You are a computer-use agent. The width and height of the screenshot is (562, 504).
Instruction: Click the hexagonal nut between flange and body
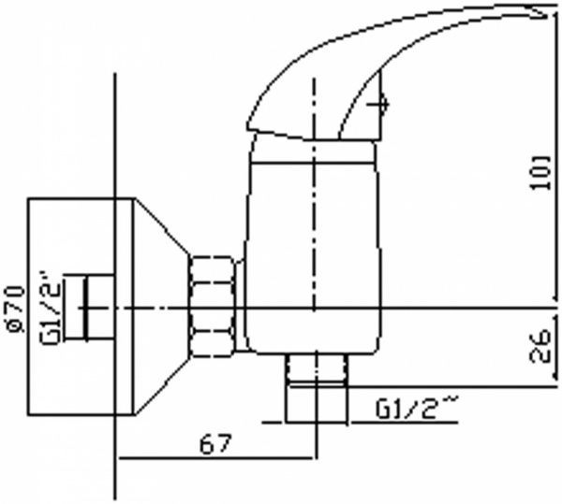point(214,306)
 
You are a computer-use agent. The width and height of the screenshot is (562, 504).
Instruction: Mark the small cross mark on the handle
point(380,104)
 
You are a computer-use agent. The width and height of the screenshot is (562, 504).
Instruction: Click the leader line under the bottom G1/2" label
point(403,424)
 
